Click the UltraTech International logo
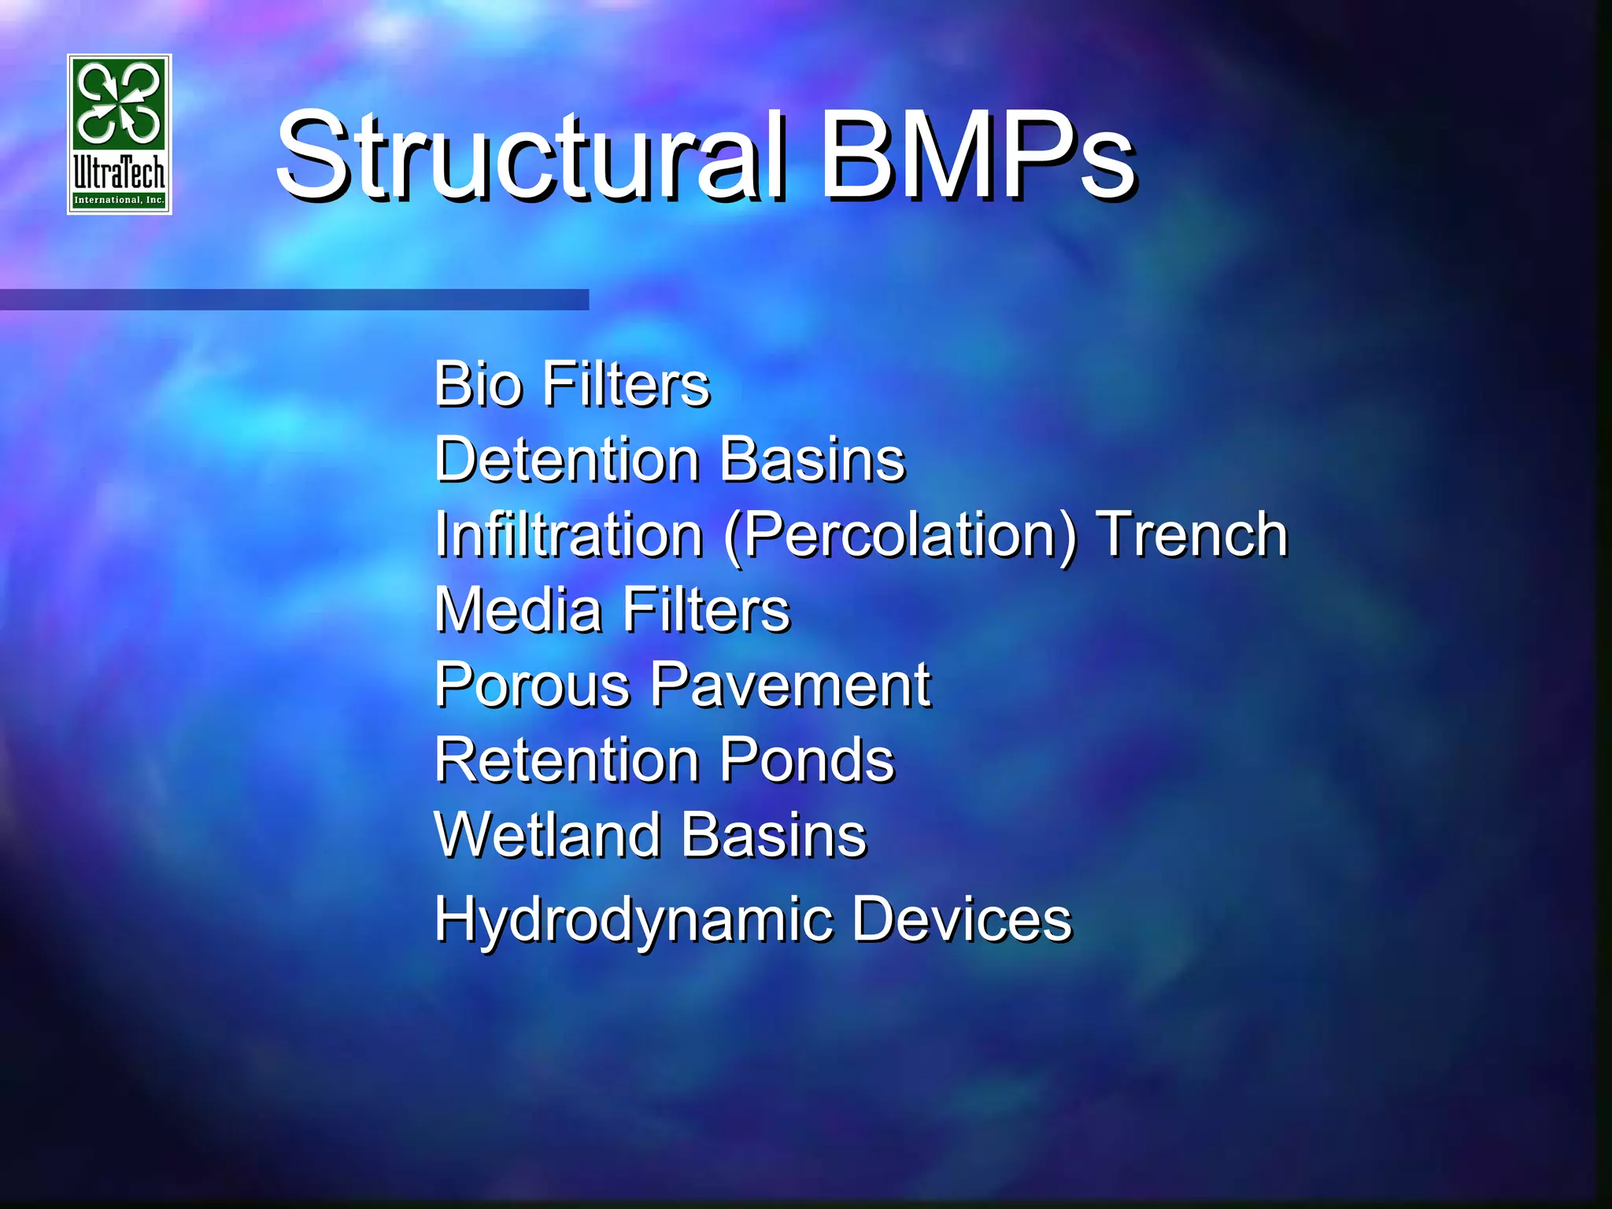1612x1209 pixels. tap(120, 135)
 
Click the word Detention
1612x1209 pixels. tap(567, 460)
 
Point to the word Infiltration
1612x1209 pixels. tap(568, 534)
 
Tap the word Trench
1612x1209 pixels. tap(1192, 534)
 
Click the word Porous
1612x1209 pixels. tap(532, 686)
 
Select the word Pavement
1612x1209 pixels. tap(791, 686)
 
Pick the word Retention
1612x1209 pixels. tap(567, 760)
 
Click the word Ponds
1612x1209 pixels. tap(808, 760)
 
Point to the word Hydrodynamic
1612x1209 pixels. tap(634, 919)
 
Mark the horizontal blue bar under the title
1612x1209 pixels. tap(294, 299)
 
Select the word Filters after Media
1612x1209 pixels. tap(706, 610)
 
